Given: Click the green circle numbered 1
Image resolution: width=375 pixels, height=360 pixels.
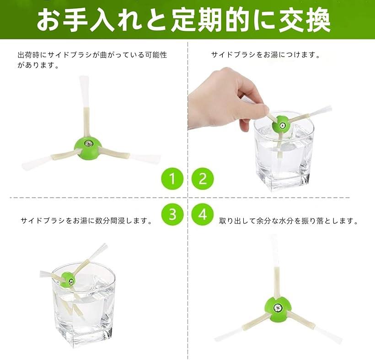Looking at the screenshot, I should coord(172,179).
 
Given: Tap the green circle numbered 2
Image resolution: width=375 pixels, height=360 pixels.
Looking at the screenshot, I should coord(203,179).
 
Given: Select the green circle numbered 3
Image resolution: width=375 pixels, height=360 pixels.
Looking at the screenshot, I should coord(172,213).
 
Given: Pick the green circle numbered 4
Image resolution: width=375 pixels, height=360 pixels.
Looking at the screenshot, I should coord(203,213).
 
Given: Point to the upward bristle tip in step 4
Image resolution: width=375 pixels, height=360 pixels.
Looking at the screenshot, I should coord(273,247).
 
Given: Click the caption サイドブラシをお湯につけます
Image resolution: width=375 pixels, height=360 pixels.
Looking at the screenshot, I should coord(265,55).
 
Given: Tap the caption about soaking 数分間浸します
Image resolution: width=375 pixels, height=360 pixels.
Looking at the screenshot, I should coord(86,221).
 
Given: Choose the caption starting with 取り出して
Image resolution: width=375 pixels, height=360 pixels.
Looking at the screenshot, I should coord(288,221).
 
